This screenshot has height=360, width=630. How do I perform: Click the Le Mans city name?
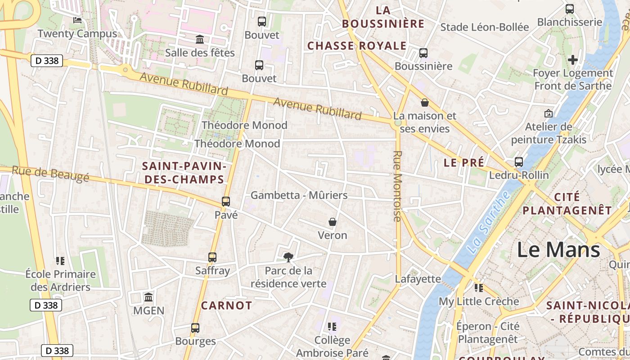pos(558,250)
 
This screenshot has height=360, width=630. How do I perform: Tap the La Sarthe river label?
pos(489,222)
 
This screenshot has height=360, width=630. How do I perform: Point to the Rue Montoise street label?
pos(397,186)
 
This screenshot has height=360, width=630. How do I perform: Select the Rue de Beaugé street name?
pos(50,174)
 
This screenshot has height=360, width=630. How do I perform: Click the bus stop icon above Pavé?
pos(226,201)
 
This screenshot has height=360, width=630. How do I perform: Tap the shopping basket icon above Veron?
pos(333,222)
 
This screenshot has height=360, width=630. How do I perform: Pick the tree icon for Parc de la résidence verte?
pos(288,257)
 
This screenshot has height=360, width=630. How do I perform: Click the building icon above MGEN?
pos(148,297)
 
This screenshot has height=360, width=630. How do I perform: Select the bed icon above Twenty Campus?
pos(77,20)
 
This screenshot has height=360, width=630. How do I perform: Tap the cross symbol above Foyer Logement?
pos(572,59)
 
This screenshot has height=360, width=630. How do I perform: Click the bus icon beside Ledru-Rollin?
pos(519,162)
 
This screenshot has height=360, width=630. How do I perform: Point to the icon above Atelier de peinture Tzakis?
pos(549,113)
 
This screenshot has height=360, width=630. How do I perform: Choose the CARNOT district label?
pos(226,306)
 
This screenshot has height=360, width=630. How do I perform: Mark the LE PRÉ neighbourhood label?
pos(464,162)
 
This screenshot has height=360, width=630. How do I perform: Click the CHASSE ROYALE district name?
pos(357,46)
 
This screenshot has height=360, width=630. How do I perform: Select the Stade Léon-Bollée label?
pos(485,27)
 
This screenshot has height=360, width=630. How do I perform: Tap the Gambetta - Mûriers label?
pos(299,195)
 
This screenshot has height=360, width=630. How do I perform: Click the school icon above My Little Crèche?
pos(478,288)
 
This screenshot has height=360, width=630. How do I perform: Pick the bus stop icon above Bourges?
pos(195,328)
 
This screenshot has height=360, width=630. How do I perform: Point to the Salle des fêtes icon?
pos(200,40)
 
